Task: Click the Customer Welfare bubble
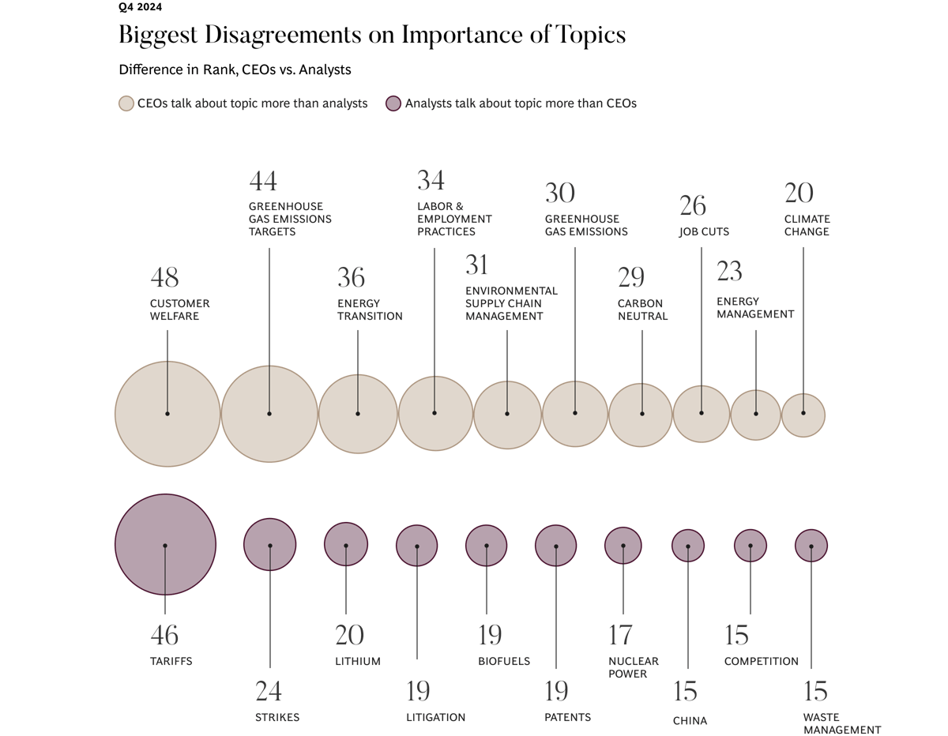tap(167, 413)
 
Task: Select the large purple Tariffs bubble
tap(165, 545)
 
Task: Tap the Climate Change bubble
tap(803, 414)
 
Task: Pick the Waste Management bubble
tap(811, 545)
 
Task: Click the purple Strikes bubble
tap(269, 545)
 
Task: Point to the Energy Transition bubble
tap(358, 413)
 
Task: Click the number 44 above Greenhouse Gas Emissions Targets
tap(263, 182)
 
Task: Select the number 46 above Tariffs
tap(164, 635)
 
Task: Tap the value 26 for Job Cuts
tap(693, 206)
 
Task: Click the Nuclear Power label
tap(633, 667)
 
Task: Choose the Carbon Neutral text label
tap(642, 310)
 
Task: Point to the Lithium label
tap(358, 662)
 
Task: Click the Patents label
tap(567, 718)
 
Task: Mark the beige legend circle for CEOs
tap(126, 103)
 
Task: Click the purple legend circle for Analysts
tap(393, 103)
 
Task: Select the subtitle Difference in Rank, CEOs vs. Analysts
tap(235, 69)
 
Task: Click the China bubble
tap(687, 545)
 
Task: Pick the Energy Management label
tap(754, 307)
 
